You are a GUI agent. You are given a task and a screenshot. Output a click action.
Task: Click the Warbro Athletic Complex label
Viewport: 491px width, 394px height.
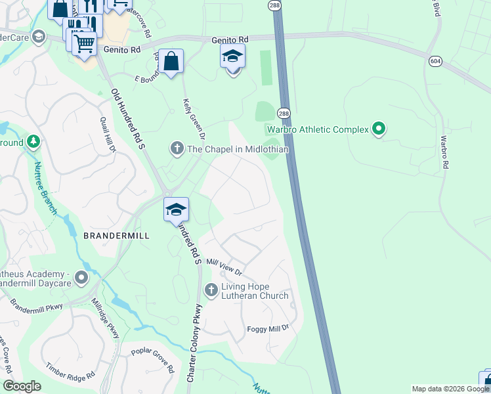point(318,129)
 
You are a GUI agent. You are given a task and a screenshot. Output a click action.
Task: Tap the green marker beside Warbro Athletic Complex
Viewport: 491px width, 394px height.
point(378,129)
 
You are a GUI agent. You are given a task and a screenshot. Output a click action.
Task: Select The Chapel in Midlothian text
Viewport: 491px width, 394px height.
point(238,149)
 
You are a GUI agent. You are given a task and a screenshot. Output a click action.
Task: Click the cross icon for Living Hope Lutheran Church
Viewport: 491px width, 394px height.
point(211,289)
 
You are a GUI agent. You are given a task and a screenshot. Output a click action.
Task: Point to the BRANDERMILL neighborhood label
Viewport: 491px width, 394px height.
point(116,235)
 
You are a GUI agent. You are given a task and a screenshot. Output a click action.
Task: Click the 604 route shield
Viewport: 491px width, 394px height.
point(437,61)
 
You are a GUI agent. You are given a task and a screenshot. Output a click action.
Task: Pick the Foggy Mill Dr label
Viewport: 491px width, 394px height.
point(268,328)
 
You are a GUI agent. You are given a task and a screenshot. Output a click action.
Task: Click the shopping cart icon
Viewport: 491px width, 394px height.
point(84,43)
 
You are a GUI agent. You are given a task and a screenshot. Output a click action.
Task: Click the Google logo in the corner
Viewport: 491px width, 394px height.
point(22,386)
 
